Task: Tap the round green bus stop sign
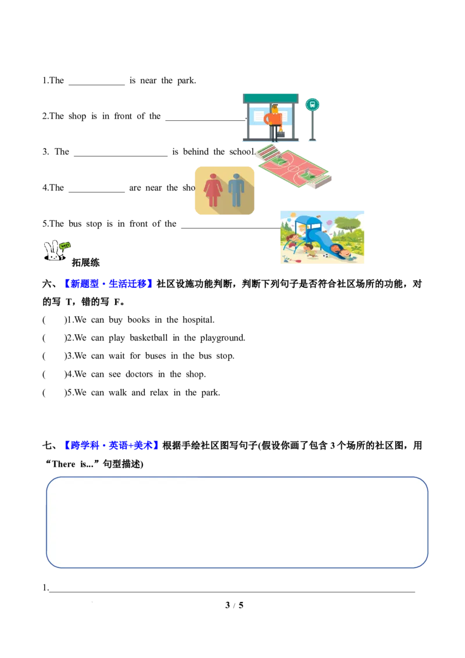click(x=313, y=105)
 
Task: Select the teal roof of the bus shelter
click(x=270, y=98)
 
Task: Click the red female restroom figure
click(x=213, y=189)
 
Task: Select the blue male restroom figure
click(x=237, y=189)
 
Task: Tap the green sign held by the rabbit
click(x=65, y=246)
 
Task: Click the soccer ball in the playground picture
click(x=326, y=255)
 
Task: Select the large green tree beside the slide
click(x=349, y=224)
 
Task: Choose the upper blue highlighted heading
click(x=109, y=283)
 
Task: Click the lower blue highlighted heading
click(x=112, y=445)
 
